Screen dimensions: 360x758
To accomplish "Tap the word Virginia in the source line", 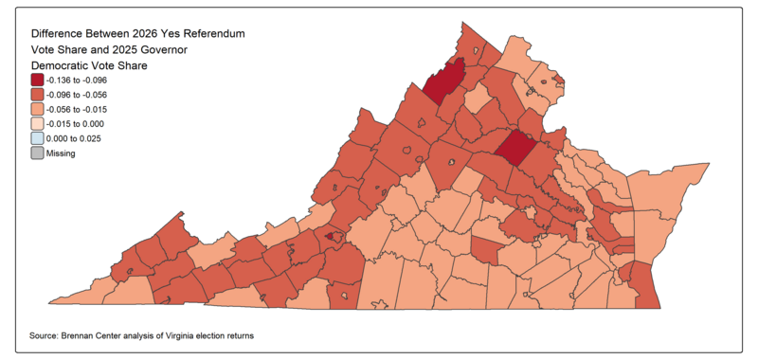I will coord(192,336).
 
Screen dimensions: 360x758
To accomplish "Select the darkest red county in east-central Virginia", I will coord(517,149).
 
